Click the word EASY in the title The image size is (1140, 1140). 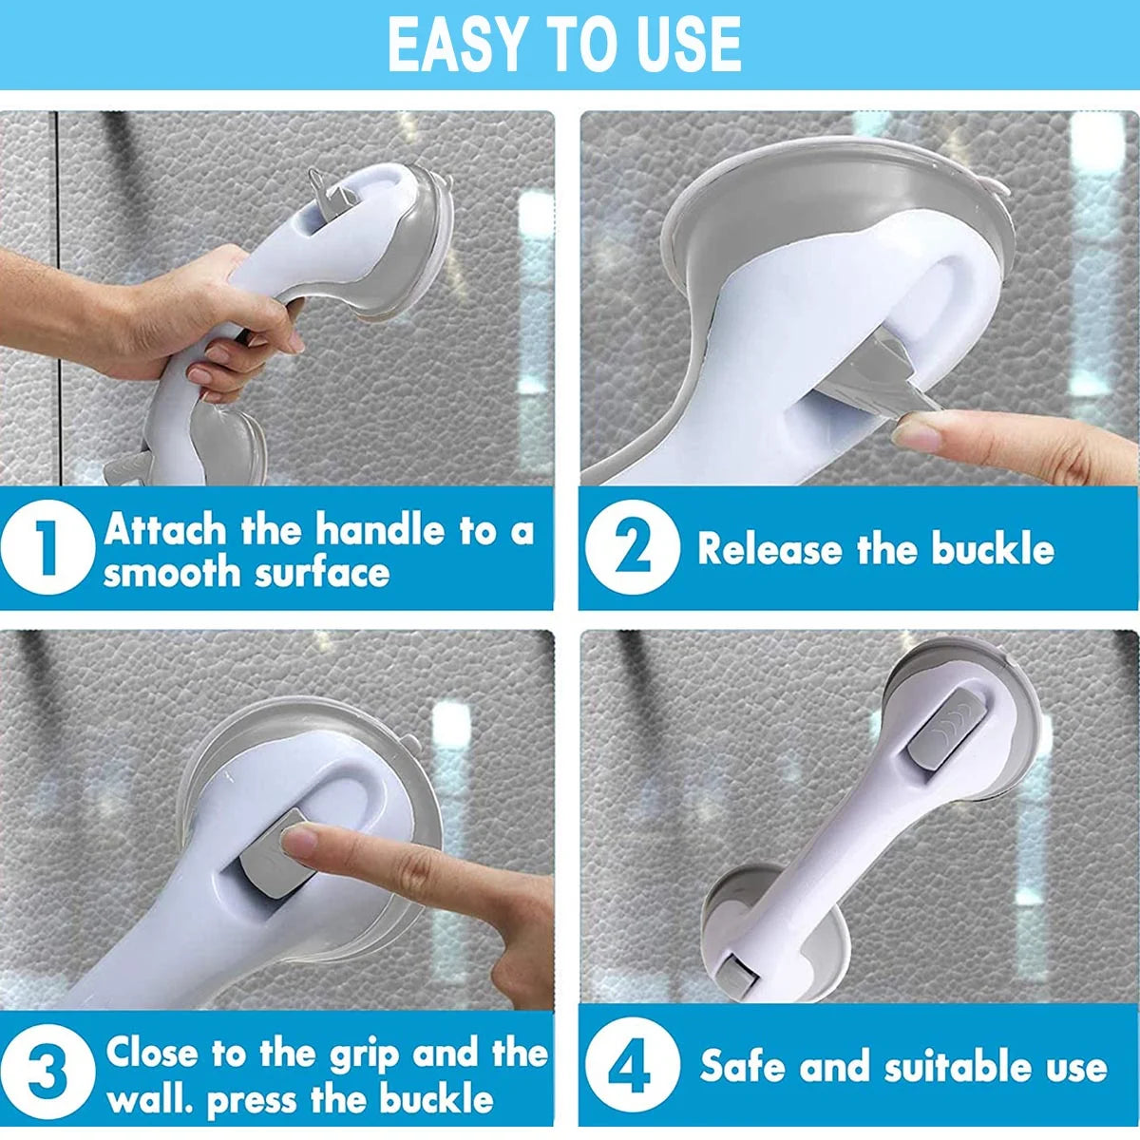click(456, 44)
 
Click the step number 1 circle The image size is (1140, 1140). click(47, 546)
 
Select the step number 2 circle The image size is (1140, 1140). click(633, 546)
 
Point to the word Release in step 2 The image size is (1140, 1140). click(769, 548)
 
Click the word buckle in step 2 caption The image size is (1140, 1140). click(993, 548)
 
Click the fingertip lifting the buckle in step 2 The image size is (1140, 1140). click(917, 433)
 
